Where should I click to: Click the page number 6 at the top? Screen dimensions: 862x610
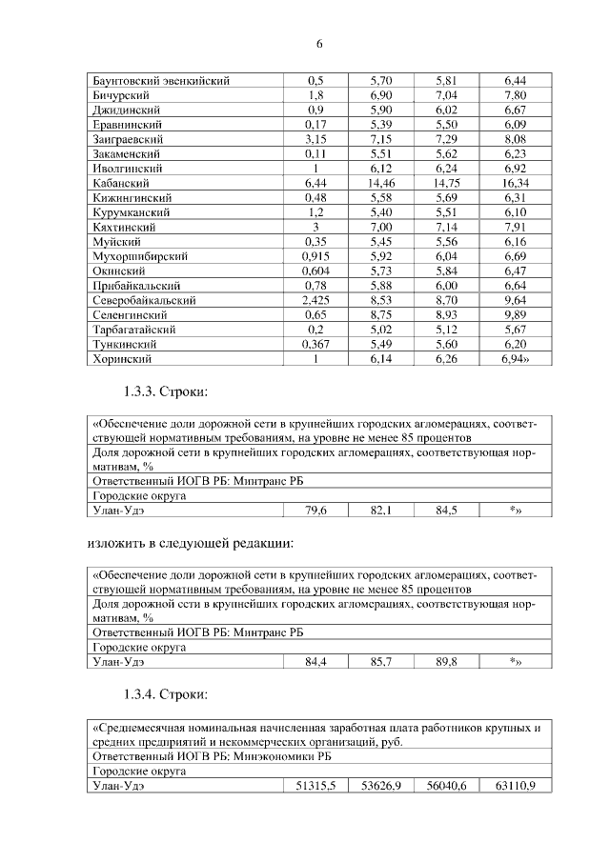(x=320, y=44)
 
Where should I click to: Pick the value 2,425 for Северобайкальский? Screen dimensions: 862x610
(x=315, y=300)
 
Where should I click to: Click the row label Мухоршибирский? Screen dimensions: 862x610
(x=139, y=256)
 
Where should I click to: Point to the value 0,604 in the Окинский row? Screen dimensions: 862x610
(x=315, y=271)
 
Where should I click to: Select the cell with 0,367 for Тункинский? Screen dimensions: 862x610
(x=315, y=344)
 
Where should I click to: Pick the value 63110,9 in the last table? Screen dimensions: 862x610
(x=516, y=785)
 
